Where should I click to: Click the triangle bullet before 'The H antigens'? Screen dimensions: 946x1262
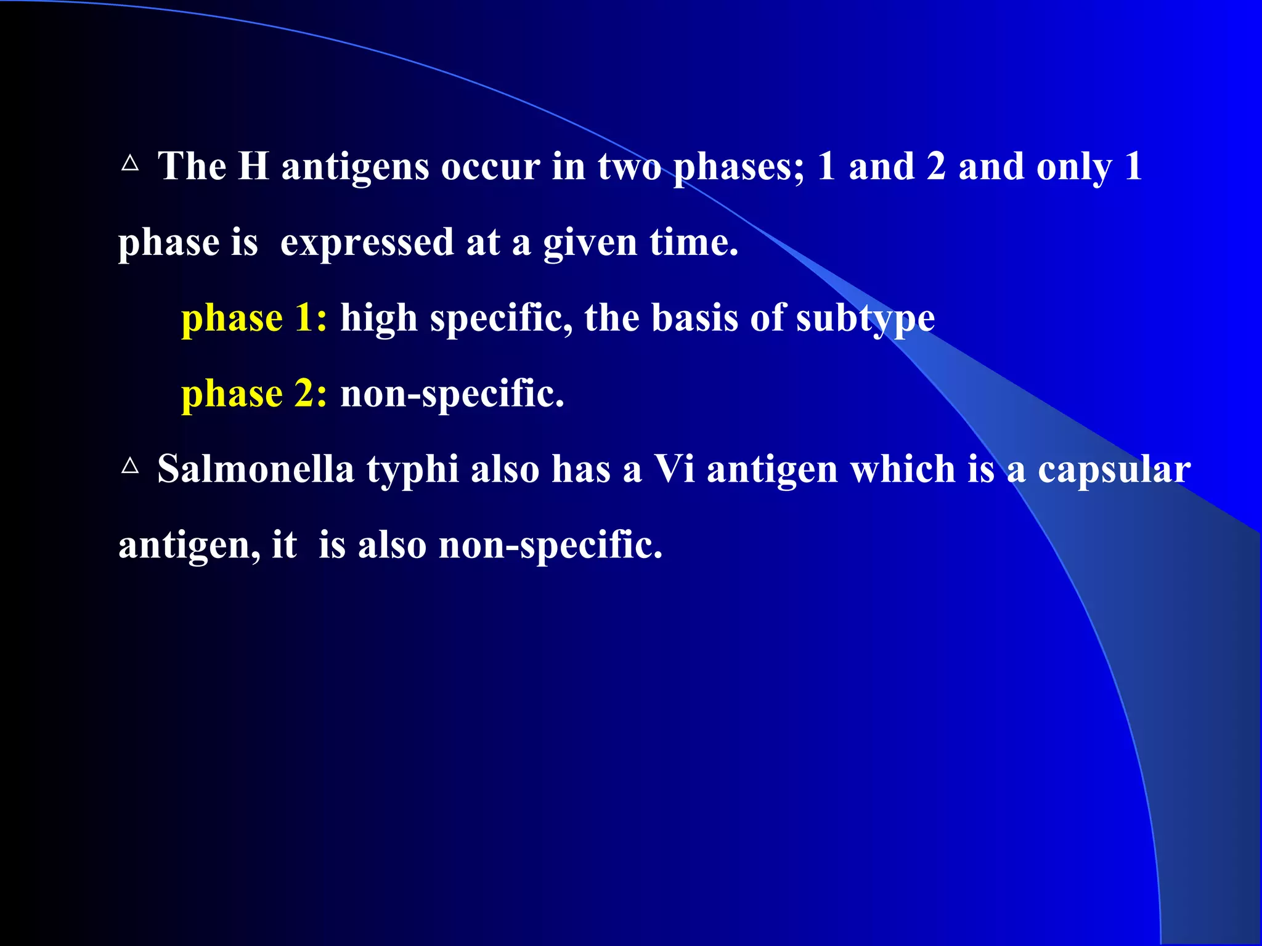point(130,164)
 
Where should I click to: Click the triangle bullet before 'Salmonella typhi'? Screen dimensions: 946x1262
point(130,466)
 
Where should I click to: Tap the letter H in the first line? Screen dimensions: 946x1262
point(254,166)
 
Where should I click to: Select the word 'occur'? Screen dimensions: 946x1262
point(490,168)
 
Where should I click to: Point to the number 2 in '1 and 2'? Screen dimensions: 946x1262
point(935,166)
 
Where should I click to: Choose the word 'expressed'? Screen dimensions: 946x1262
point(367,243)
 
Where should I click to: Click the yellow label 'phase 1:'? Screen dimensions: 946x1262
point(254,319)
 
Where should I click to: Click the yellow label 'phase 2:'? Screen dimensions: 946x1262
point(254,395)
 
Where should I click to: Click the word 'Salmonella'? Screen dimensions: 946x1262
point(256,469)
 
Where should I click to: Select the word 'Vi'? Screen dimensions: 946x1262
point(674,469)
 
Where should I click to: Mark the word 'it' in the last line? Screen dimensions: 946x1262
point(284,545)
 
